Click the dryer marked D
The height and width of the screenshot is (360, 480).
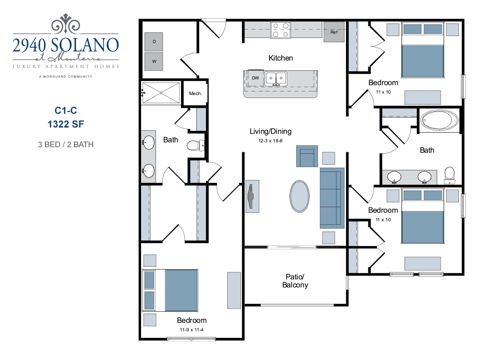[x=154, y=42]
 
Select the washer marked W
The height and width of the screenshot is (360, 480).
[x=154, y=60]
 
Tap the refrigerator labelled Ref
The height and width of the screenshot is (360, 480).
[x=334, y=32]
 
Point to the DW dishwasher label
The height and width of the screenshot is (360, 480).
[x=255, y=78]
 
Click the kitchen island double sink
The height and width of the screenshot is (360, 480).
[x=276, y=78]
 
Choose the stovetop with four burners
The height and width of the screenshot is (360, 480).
[x=281, y=30]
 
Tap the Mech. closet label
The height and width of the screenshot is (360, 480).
[x=195, y=93]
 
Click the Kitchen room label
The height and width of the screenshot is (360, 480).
[x=281, y=58]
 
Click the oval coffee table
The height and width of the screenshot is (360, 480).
[x=300, y=196]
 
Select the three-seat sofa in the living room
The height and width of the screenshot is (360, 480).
[x=332, y=197]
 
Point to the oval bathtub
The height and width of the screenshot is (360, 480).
[x=439, y=121]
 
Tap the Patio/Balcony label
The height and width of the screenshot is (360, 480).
[x=295, y=281]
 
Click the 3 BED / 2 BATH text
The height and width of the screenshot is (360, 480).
[x=66, y=144]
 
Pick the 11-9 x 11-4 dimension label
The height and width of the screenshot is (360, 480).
[x=192, y=330]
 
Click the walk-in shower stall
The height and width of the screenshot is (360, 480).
[x=161, y=93]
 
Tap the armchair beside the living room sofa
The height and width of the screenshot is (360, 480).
[x=307, y=156]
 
